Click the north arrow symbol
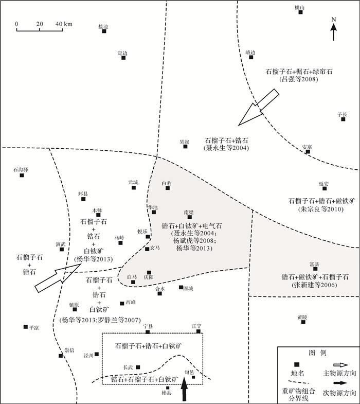[x=333, y=30]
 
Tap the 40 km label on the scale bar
[x=64, y=24]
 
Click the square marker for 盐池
[x=104, y=31]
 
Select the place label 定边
[x=122, y=52]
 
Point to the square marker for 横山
[x=301, y=12]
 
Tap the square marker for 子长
[x=343, y=119]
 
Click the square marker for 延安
[x=324, y=188]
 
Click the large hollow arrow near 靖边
[x=258, y=107]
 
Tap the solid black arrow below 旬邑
[x=185, y=390]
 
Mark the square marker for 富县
[x=315, y=269]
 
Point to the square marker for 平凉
[x=25, y=326]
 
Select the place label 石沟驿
[x=21, y=169]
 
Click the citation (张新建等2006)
[x=300, y=285]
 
